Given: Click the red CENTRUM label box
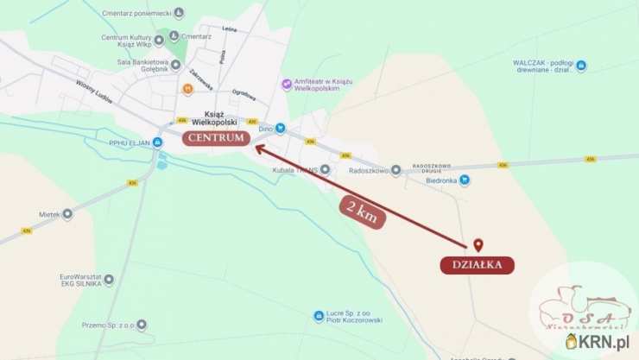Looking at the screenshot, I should click(x=216, y=137).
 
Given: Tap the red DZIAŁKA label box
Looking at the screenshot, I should click(x=477, y=265).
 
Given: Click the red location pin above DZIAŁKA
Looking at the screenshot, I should click(x=478, y=245).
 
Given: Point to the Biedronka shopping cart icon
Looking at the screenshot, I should click(x=465, y=180).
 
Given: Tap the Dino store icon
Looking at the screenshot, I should click(x=280, y=129).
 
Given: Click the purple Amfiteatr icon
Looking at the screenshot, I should click(x=287, y=84).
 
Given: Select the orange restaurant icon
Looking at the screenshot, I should click(x=187, y=88).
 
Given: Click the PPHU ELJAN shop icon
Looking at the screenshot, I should click(x=158, y=142).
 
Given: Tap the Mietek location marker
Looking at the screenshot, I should click(x=67, y=213).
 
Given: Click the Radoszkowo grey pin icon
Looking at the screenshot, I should click(x=395, y=171).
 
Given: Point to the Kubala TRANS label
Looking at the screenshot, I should click(x=295, y=169).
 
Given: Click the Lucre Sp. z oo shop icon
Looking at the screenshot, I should click(x=319, y=316).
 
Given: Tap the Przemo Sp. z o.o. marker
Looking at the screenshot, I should click(x=142, y=325).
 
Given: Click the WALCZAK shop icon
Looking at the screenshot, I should click(x=581, y=66).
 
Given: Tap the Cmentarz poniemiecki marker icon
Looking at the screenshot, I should click(x=179, y=13).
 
